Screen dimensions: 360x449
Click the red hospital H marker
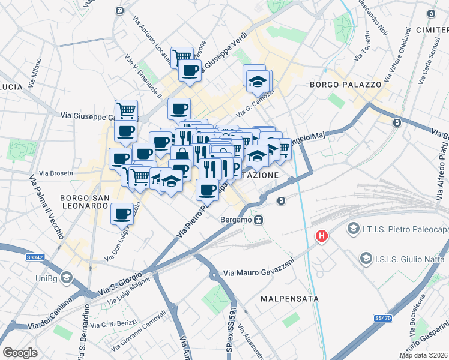[x=322, y=236]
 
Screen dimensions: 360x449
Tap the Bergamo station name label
[x=235, y=220]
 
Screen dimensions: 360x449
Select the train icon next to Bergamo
[x=258, y=220]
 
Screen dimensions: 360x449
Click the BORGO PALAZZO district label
[x=345, y=85]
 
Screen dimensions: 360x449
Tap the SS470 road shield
[x=382, y=317]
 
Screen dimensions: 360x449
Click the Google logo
[x=20, y=353]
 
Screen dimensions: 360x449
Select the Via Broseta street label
[x=56, y=173]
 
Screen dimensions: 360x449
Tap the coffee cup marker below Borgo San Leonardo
[x=122, y=214]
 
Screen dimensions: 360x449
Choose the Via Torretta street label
[x=363, y=49]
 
